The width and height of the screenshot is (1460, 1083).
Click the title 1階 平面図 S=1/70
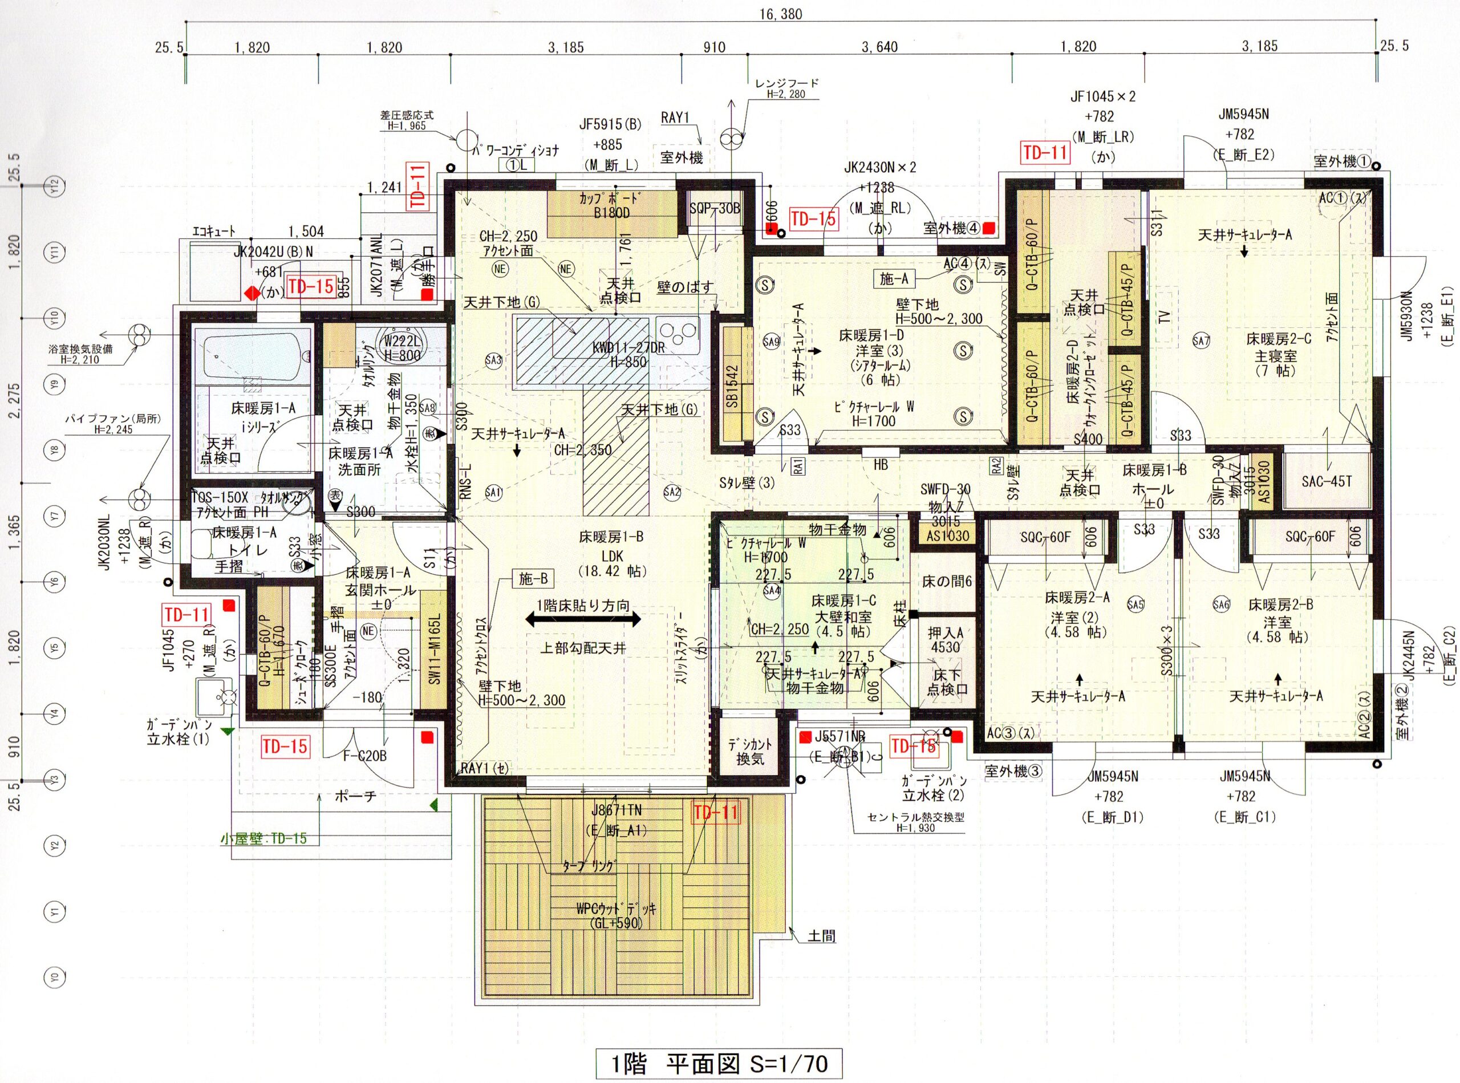coord(719,1064)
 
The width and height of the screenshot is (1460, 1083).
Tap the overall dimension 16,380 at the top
coord(781,14)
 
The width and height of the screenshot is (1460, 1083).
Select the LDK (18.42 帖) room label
coord(611,555)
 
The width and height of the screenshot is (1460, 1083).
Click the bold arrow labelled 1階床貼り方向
coord(583,619)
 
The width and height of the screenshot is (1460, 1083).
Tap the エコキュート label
coord(214,232)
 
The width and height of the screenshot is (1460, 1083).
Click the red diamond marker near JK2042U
coord(251,293)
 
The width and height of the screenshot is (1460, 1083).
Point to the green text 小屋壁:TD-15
coord(263,838)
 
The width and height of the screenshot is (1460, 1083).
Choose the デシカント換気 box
coord(750,751)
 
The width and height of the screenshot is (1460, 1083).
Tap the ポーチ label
coord(355,797)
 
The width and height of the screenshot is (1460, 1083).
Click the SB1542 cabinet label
coord(732,386)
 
